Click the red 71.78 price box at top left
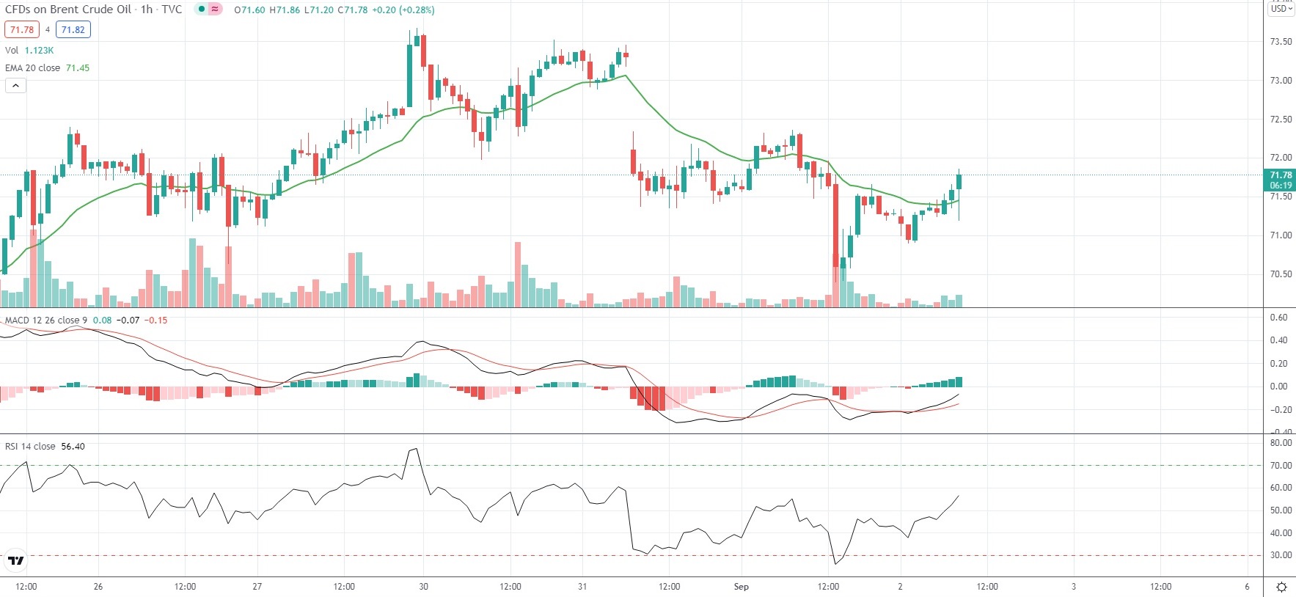[21, 30]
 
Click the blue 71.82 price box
[73, 30]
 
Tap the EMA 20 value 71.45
[78, 68]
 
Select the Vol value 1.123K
[39, 51]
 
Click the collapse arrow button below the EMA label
[15, 86]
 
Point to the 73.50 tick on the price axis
[1281, 42]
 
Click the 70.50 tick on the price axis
[1281, 274]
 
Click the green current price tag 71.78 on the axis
[1281, 180]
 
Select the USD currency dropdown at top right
[1281, 9]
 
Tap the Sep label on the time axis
[741, 587]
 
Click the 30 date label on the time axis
[423, 587]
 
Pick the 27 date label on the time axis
[257, 587]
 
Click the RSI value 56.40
[73, 447]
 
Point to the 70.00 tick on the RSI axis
[1281, 466]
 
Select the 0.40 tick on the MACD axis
[1278, 340]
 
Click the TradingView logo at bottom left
[15, 561]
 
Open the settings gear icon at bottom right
[1281, 587]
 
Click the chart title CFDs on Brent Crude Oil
[68, 10]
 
